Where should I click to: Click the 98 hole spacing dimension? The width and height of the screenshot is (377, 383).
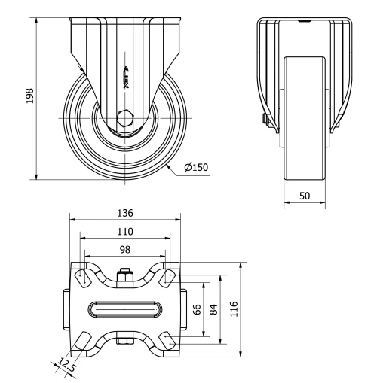click(125, 249)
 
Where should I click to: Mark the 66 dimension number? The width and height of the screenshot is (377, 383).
click(198, 310)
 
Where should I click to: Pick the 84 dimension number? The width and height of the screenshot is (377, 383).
click(214, 310)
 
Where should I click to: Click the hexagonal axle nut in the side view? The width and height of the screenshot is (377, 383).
click(125, 117)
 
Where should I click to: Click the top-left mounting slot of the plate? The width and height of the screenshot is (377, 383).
click(82, 277)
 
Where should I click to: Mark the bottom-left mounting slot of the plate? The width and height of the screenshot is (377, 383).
click(82, 341)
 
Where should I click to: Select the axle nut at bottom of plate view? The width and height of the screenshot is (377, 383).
click(125, 343)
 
